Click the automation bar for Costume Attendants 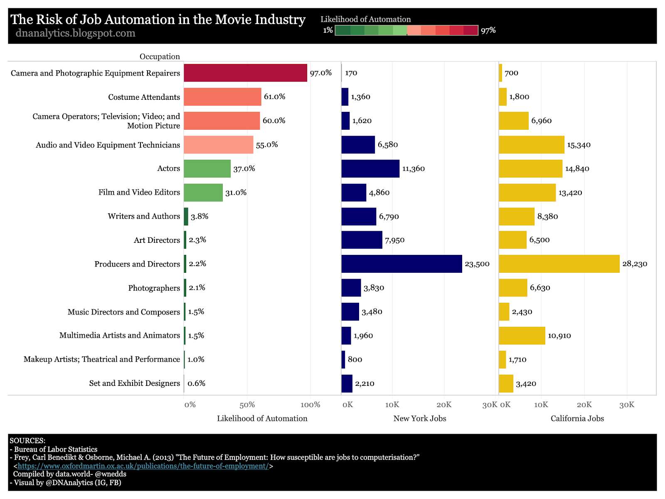[x=222, y=97]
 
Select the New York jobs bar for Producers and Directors [x=401, y=264]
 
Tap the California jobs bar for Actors [x=530, y=168]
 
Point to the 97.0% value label [x=321, y=73]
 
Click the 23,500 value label [x=477, y=264]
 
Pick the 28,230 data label [x=635, y=264]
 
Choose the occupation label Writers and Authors [x=144, y=216]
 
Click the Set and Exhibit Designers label [x=135, y=383]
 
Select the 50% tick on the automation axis [x=247, y=405]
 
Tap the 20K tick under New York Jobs [x=444, y=405]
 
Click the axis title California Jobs [x=577, y=419]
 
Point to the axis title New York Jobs [x=420, y=419]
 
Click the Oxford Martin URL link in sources [x=143, y=466]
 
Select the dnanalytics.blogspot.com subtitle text [x=75, y=33]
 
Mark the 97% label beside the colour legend [x=488, y=30]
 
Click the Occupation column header [x=160, y=57]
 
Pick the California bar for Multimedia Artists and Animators [x=522, y=336]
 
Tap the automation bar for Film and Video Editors [x=203, y=193]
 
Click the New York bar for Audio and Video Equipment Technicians [x=358, y=145]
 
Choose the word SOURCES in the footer [x=27, y=441]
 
